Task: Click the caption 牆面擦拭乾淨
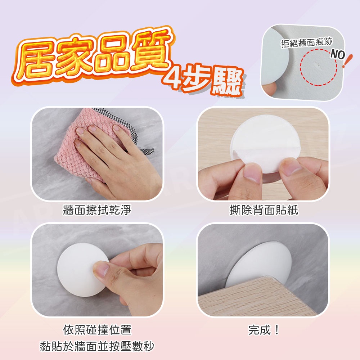click(97, 210)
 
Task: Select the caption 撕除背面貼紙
click(264, 210)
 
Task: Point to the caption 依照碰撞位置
click(97, 330)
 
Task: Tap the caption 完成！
click(264, 330)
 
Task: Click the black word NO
click(338, 55)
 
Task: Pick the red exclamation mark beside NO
click(347, 61)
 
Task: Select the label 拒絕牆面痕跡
click(307, 42)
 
